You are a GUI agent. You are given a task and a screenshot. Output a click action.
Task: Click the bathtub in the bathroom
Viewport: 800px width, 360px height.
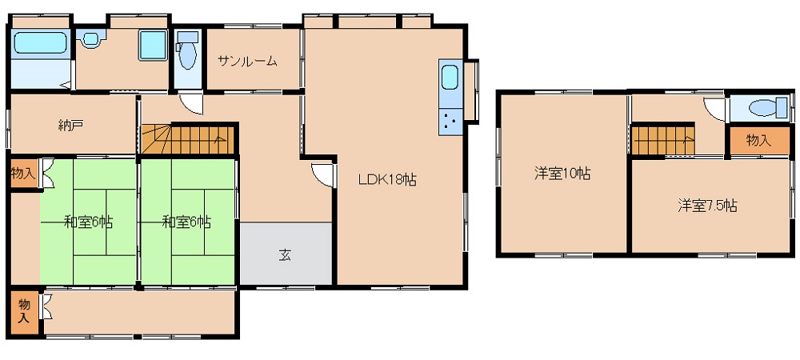(40, 43)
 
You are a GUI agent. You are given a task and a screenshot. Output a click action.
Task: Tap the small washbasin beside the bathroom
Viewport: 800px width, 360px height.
(91, 38)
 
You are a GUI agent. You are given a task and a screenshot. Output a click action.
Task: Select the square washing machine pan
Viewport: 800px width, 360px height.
(153, 45)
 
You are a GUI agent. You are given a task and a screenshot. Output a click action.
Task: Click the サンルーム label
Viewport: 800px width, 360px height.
(247, 62)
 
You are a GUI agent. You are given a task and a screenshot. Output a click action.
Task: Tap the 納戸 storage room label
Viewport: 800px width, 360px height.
(70, 126)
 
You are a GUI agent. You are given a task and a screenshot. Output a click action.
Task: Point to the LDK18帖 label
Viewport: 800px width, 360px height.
(387, 179)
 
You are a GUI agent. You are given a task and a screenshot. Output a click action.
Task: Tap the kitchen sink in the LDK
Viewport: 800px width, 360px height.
(450, 78)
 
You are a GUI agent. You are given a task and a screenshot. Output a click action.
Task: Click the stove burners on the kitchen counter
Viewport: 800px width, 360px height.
(450, 122)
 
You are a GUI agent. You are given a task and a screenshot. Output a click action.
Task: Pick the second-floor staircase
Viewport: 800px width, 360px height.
(662, 139)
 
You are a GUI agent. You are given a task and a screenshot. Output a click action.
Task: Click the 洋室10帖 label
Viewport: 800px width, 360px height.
(562, 174)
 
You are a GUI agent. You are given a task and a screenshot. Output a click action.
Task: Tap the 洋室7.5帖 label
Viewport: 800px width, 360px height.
(707, 206)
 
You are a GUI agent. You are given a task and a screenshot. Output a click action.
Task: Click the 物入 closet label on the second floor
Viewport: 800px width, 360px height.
(759, 141)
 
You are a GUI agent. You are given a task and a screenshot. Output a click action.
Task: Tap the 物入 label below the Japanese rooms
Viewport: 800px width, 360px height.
(24, 311)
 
